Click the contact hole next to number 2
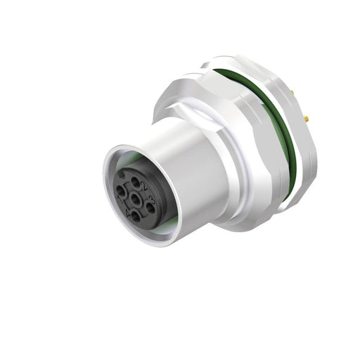[x=136, y=182]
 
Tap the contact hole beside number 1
[x=121, y=191]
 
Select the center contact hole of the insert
[x=136, y=199]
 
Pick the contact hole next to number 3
[x=150, y=208]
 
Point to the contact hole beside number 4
[x=136, y=216]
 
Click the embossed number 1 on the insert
[x=119, y=198]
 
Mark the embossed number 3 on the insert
[x=151, y=199]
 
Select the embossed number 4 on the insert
[x=128, y=212]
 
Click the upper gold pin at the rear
[x=292, y=91]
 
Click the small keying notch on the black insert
[x=122, y=174]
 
